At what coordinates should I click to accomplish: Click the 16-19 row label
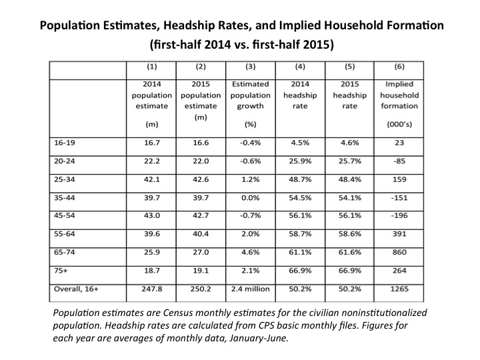[64, 143]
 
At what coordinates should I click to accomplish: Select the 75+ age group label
[61, 271]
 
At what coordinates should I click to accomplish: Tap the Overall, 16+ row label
[76, 289]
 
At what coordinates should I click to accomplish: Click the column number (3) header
[251, 67]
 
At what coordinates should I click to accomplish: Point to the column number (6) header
[399, 67]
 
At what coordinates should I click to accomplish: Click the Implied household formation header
[399, 95]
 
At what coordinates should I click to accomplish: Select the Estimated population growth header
[251, 95]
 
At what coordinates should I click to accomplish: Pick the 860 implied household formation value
[399, 252]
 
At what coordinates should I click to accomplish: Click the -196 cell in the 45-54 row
[399, 215]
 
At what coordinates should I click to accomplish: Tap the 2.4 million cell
[251, 289]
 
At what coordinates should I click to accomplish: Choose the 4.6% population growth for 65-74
[251, 252]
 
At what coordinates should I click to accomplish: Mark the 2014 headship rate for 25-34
[300, 179]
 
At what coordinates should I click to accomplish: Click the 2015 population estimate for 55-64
[201, 234]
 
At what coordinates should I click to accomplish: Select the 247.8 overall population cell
[152, 289]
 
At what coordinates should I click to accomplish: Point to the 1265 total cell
[399, 289]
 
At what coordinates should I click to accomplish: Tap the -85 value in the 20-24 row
[399, 161]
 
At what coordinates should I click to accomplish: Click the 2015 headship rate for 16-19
[349, 143]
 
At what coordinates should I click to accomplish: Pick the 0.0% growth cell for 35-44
[251, 198]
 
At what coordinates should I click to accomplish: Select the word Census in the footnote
[177, 313]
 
